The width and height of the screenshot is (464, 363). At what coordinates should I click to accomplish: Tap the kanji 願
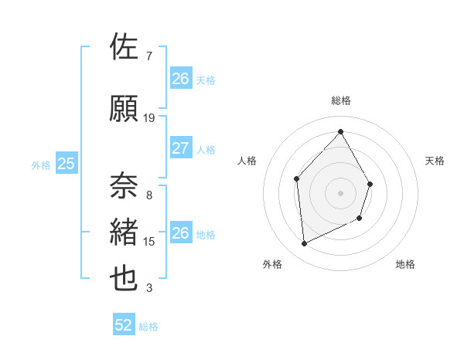(x=125, y=108)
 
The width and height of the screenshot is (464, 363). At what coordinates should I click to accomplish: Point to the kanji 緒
(x=125, y=232)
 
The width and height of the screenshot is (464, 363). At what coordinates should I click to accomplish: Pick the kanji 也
(x=125, y=279)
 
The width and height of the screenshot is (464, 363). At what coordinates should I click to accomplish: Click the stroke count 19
(x=149, y=118)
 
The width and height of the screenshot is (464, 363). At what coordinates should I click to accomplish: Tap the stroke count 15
(x=149, y=242)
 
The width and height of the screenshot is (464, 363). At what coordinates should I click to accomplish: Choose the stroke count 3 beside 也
(x=149, y=288)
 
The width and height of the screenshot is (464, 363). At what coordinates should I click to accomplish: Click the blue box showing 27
(x=180, y=148)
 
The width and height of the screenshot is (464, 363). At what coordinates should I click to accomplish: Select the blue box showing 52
(x=124, y=325)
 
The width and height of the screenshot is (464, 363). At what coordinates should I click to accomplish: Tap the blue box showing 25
(x=66, y=163)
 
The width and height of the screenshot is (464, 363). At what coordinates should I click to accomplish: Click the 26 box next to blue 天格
(x=180, y=79)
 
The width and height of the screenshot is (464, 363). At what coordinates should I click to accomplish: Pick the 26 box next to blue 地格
(x=180, y=233)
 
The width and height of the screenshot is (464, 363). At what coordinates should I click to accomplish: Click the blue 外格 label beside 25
(x=40, y=165)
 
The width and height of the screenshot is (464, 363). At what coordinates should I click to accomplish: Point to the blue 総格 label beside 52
(x=148, y=327)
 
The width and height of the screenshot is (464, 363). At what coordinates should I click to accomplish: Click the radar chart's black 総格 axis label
(x=340, y=100)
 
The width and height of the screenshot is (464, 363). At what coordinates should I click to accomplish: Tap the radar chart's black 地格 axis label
(x=405, y=264)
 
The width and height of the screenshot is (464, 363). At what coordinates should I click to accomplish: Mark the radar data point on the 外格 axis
(x=304, y=244)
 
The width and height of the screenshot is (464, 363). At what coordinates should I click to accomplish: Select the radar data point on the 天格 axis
(x=370, y=184)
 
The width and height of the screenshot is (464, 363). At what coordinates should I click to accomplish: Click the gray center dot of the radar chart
(x=340, y=193)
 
